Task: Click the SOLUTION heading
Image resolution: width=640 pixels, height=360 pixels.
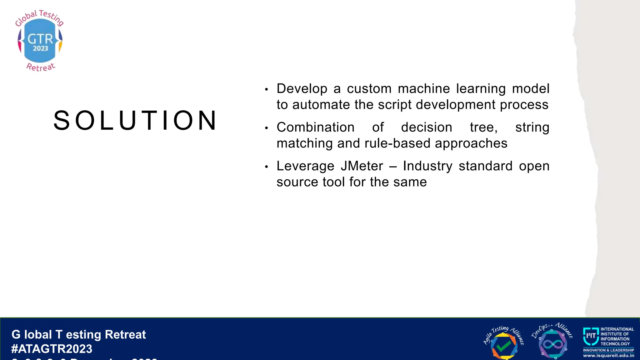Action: (x=135, y=121)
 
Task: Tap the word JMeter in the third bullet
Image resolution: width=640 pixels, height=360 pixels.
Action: (x=362, y=166)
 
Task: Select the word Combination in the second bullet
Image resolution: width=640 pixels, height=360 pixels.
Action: (x=315, y=127)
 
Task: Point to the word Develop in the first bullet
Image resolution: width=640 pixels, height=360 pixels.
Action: (x=302, y=89)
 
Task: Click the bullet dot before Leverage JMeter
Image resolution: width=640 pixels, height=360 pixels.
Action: (x=266, y=167)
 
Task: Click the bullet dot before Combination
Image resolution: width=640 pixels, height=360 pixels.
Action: (x=266, y=128)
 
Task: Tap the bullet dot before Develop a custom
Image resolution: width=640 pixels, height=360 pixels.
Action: (x=266, y=90)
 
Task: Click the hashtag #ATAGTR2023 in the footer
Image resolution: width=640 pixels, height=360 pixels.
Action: (x=52, y=349)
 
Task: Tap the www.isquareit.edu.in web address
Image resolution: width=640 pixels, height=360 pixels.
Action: (x=608, y=356)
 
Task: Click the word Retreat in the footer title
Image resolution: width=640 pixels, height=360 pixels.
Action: (x=125, y=334)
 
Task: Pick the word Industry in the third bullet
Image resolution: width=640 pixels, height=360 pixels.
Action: (x=427, y=166)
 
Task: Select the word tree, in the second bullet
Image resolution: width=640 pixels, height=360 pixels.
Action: (x=483, y=127)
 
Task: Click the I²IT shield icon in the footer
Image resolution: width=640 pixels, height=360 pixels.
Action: (x=590, y=336)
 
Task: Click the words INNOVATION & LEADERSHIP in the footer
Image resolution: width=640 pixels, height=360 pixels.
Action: (x=608, y=350)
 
